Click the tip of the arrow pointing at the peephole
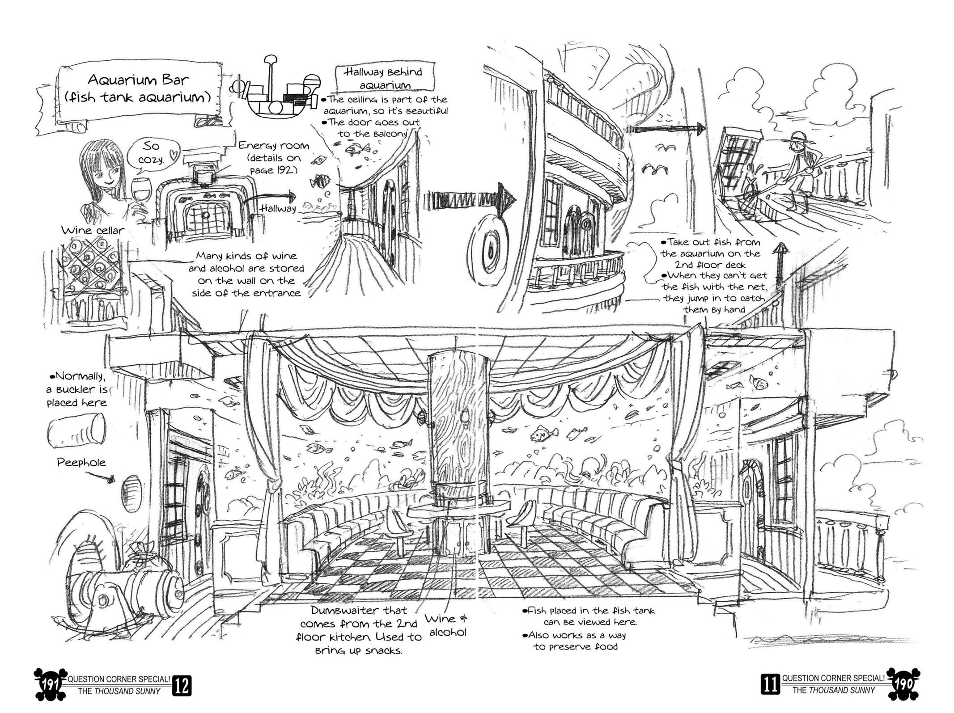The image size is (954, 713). [x=114, y=481]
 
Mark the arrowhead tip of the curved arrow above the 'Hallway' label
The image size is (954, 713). [x=296, y=196]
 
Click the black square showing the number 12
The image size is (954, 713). [x=181, y=685]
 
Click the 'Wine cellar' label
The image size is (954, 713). [x=93, y=231]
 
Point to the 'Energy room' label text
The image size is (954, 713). [x=273, y=146]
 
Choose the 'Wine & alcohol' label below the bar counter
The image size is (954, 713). [x=446, y=625]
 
